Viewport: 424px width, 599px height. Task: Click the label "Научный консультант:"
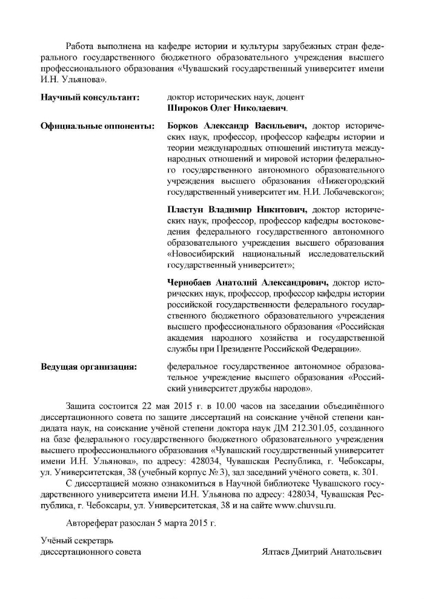click(82, 97)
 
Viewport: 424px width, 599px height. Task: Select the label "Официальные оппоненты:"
click(88, 126)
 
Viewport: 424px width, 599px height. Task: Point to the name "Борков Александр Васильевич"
click(236, 126)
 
